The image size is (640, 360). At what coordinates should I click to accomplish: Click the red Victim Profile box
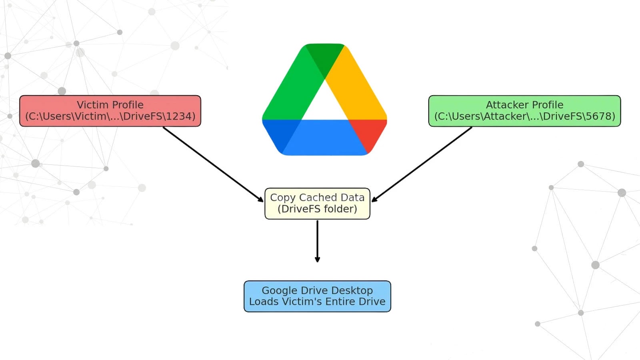pos(110,111)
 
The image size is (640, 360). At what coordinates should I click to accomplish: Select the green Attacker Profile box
pos(524,111)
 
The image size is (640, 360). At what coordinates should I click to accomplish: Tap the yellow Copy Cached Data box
pos(317,204)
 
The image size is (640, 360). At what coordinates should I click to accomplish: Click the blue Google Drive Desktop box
pos(317,296)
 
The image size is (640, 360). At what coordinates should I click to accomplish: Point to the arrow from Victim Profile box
pos(212,163)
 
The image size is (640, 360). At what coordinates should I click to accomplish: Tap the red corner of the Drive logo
pos(370,134)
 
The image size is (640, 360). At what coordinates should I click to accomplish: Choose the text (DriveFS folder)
pos(317,209)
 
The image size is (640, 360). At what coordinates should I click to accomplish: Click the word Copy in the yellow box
pos(283,198)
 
